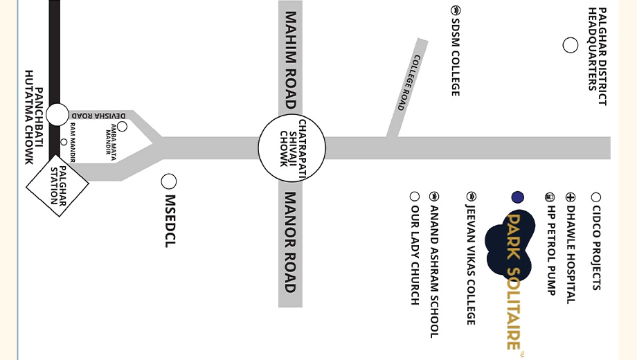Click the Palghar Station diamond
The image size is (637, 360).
57,186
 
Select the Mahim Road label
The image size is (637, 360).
291,60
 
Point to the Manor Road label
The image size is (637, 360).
290,242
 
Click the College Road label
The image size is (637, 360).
408,82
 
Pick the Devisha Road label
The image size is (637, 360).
99,116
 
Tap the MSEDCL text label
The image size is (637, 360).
170,221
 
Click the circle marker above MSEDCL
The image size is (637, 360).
168,181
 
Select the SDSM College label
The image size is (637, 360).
456,57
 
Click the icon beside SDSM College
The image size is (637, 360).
456,10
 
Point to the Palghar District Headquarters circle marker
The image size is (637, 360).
571,45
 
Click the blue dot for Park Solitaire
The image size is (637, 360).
518,197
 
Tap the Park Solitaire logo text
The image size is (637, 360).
514,281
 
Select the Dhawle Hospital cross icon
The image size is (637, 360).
571,197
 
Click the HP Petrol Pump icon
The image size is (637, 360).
550,197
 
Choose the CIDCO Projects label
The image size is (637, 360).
596,248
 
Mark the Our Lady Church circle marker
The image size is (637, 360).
414,197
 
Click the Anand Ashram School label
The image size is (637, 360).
434,272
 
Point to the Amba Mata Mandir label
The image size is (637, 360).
111,139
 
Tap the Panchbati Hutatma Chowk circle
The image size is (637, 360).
57,115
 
